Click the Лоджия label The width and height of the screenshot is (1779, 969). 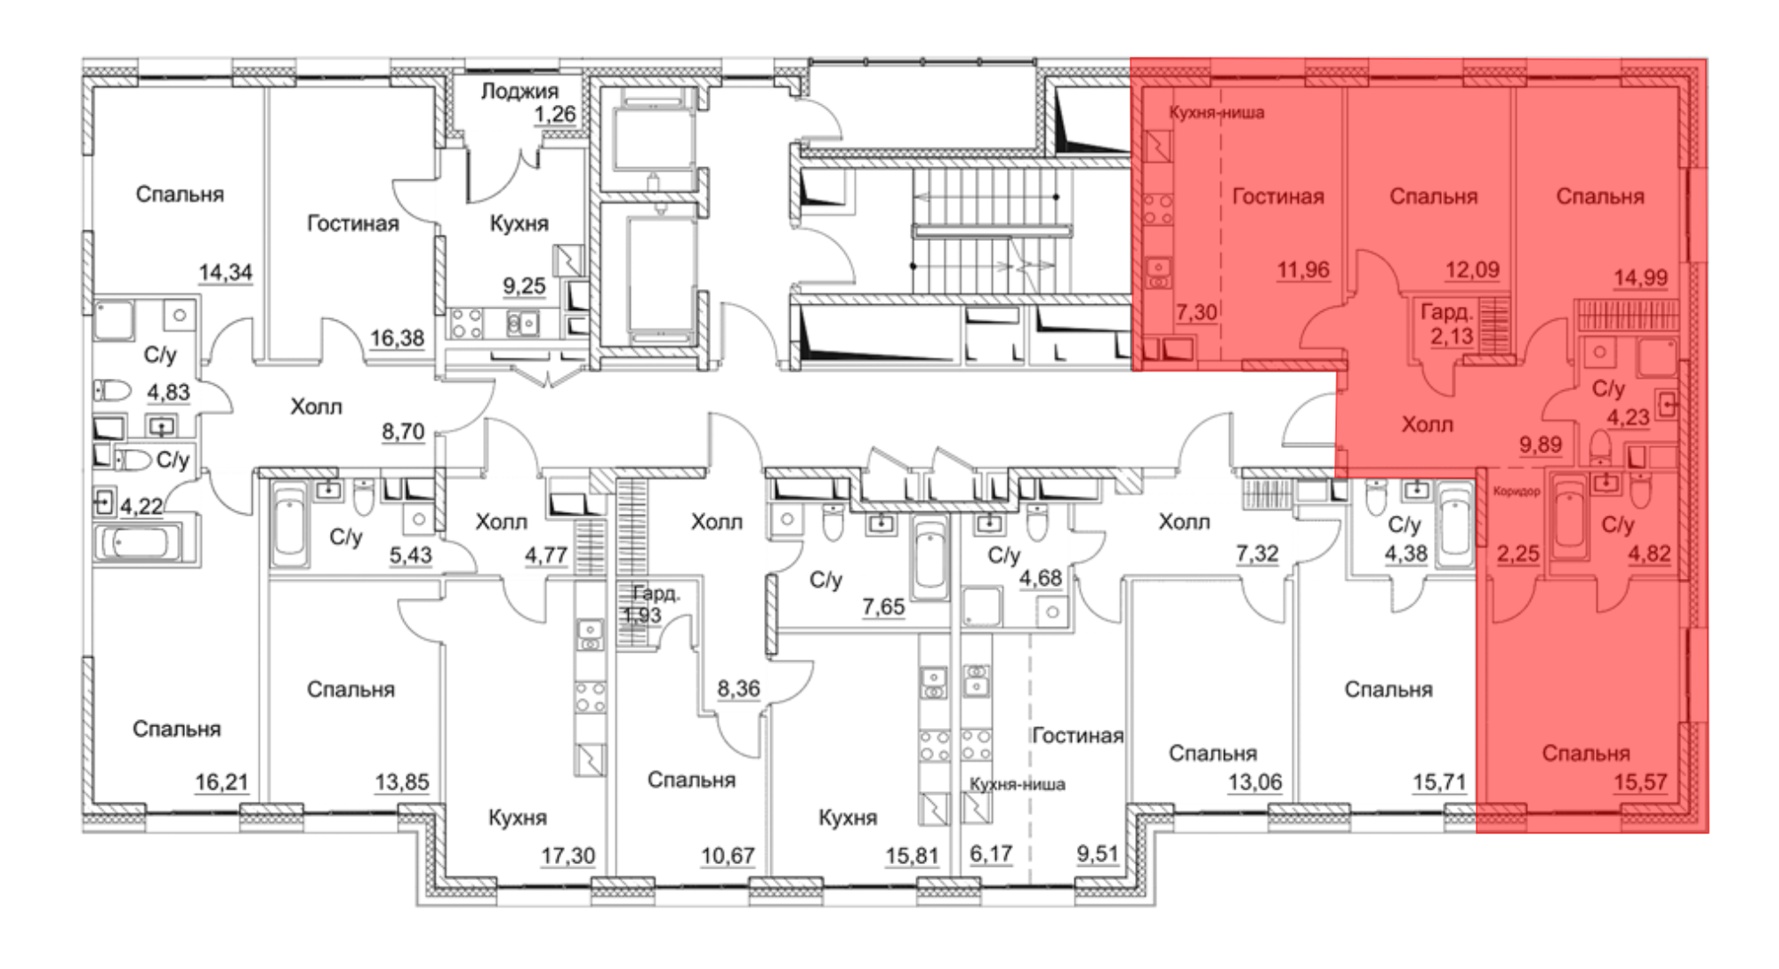[x=519, y=91]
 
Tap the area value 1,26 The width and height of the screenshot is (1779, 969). [x=555, y=115]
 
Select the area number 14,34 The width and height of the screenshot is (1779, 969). [x=225, y=272]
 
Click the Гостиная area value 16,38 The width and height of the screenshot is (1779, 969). [x=397, y=338]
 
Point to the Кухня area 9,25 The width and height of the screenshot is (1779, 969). [x=524, y=286]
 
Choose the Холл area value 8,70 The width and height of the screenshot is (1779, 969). [x=403, y=431]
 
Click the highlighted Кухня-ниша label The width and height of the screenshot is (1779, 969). [x=1216, y=113]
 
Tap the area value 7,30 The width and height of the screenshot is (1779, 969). [x=1196, y=312]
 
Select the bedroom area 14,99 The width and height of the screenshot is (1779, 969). [x=1640, y=277]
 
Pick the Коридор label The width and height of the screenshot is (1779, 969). [x=1517, y=492]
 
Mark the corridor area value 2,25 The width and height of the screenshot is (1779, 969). [x=1517, y=554]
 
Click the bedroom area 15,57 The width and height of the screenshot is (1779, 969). [x=1640, y=782]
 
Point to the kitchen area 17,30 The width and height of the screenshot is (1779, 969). [x=568, y=855]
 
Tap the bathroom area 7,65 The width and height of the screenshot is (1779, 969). [x=883, y=607]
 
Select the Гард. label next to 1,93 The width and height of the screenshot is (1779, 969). [x=656, y=593]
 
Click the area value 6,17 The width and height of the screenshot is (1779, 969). [x=991, y=854]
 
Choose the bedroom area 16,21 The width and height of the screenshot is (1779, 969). [x=221, y=782]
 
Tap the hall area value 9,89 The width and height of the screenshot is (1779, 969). [x=1540, y=444]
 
